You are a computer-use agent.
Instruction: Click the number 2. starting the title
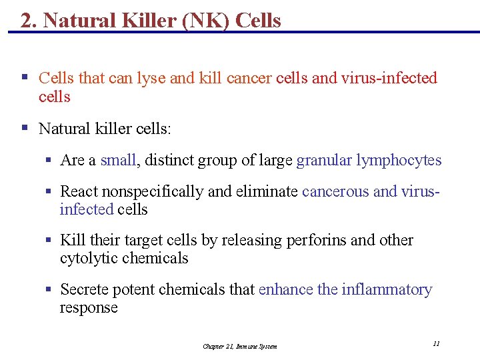pyautogui.click(x=29, y=21)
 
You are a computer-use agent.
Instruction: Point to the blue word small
pyautogui.click(x=118, y=160)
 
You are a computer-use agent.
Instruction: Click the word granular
pyautogui.click(x=324, y=160)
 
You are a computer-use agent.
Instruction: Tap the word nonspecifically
pyautogui.click(x=154, y=191)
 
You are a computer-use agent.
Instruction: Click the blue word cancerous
pyautogui.click(x=335, y=191)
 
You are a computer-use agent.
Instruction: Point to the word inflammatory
pyautogui.click(x=387, y=289)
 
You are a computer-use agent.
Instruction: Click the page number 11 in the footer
pyautogui.click(x=436, y=343)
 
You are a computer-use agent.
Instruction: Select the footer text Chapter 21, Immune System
pyautogui.click(x=239, y=346)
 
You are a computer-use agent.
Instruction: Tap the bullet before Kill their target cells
pyautogui.click(x=49, y=240)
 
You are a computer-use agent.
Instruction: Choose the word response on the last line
pyautogui.click(x=88, y=307)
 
